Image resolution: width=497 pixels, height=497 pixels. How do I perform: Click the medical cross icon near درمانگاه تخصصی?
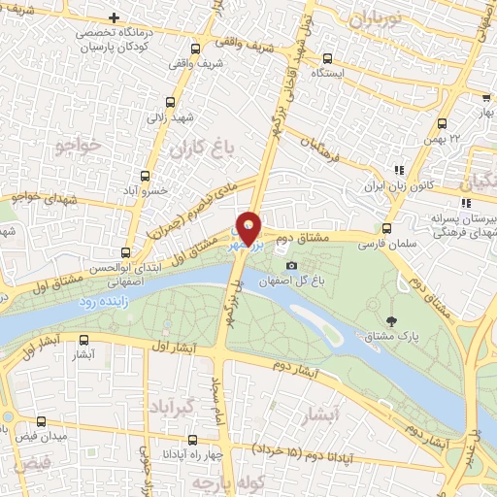point(116,17)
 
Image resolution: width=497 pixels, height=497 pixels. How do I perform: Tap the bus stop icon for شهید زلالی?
point(171,101)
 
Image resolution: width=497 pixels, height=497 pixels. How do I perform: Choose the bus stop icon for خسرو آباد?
point(146,176)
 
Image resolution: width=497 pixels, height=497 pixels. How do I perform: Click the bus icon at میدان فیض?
point(41,422)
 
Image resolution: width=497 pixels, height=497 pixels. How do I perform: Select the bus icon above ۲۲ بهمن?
point(442,123)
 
